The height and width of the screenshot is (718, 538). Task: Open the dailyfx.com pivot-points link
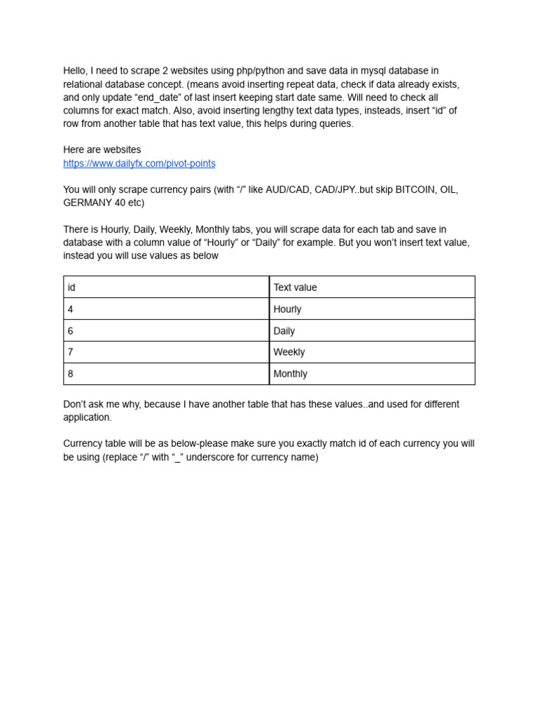[x=139, y=163]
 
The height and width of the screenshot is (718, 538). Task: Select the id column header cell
[x=166, y=287]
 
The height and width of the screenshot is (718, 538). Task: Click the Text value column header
[x=372, y=287]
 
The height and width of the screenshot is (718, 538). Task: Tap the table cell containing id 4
[x=166, y=309]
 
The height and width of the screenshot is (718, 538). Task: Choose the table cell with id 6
[x=166, y=331]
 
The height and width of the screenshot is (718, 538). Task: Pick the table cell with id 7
[x=166, y=352]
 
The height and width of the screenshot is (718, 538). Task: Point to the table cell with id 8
[x=166, y=374]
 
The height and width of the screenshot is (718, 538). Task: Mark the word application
[x=88, y=417]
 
